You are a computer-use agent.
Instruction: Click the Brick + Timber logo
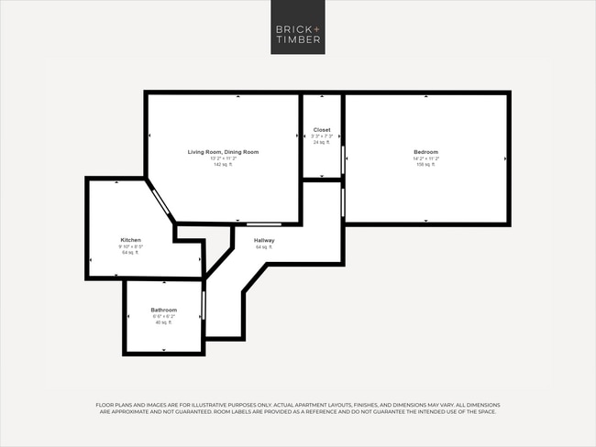tap(298, 33)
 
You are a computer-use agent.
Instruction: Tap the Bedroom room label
tap(425, 152)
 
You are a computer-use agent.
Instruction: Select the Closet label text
tap(322, 130)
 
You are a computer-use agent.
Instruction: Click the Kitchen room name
tap(130, 240)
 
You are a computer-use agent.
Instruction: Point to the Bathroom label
tap(164, 311)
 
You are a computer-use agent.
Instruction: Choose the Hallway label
tap(264, 240)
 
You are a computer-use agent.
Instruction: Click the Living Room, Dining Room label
tap(223, 152)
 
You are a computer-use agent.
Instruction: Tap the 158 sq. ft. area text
tap(425, 165)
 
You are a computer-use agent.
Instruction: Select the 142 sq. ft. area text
tap(223, 165)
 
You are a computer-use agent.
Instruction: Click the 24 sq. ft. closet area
tap(322, 143)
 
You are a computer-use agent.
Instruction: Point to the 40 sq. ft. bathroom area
tap(164, 322)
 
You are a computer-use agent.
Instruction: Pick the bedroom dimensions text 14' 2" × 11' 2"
tap(425, 158)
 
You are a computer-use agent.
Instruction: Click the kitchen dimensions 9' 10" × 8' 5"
tap(130, 246)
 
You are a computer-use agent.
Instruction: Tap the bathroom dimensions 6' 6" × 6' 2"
tap(164, 317)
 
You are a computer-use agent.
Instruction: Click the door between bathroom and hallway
tap(204, 301)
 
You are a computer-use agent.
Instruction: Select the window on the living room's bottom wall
tap(264, 223)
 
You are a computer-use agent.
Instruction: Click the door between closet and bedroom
tap(343, 159)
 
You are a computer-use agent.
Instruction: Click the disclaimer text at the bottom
tap(298, 408)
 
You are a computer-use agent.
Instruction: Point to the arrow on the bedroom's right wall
tap(505, 158)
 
